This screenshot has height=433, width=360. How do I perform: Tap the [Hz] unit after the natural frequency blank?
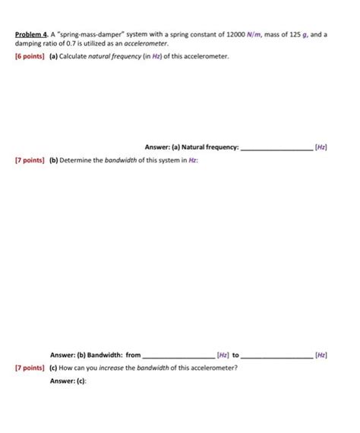(x=321, y=147)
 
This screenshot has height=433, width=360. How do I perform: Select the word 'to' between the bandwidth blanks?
(x=235, y=354)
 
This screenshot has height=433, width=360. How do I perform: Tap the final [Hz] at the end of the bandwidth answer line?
(x=321, y=354)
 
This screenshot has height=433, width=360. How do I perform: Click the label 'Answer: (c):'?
(x=69, y=381)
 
